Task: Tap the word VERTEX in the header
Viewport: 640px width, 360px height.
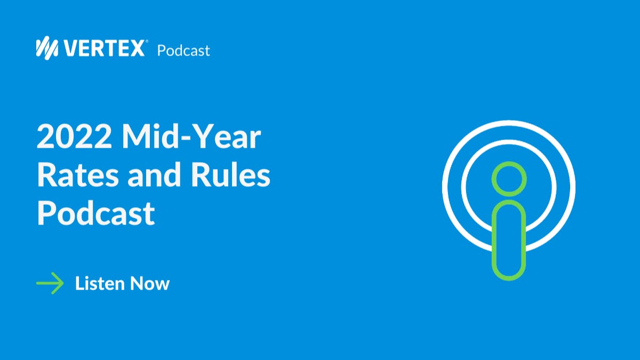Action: (x=104, y=49)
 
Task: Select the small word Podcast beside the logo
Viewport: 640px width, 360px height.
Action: (x=183, y=51)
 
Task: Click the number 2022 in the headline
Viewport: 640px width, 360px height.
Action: (x=74, y=138)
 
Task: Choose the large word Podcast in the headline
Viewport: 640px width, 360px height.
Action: (x=96, y=214)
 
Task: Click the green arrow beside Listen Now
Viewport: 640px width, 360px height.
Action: (x=50, y=283)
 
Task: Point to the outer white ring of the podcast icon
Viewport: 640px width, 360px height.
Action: (x=509, y=123)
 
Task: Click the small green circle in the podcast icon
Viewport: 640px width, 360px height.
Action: (x=509, y=179)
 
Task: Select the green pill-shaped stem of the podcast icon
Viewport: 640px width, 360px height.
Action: (x=509, y=240)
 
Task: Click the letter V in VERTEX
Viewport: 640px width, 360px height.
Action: (x=71, y=49)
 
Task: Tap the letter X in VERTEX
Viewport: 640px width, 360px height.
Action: (x=137, y=49)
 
